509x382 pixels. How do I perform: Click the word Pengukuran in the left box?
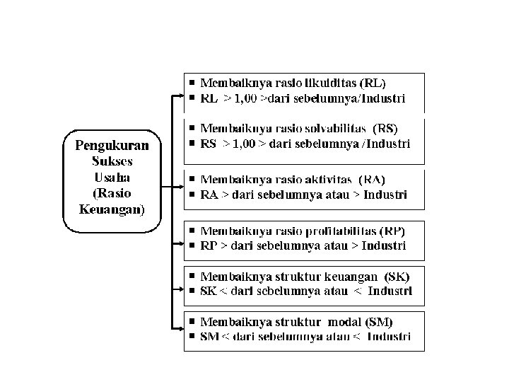[112, 146]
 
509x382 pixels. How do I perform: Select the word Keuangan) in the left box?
[112, 209]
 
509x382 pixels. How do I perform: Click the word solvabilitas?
[330, 128]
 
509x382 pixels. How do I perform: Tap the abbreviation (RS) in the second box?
[385, 128]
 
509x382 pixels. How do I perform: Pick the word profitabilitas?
[340, 231]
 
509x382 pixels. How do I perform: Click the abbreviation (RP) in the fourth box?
[392, 231]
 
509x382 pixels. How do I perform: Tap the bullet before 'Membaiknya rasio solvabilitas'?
[191, 129]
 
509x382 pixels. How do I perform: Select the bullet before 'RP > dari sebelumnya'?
[191, 246]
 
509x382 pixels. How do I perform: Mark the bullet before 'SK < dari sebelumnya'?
[191, 291]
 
